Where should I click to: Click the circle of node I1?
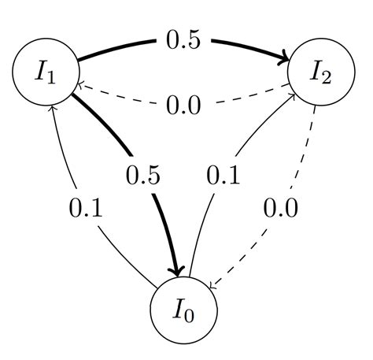coord(46,72)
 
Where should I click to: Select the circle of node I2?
coord(319,72)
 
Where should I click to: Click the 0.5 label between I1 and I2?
coord(183,40)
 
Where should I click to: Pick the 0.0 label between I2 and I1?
coord(183,105)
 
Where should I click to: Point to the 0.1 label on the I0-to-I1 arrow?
coord(86,208)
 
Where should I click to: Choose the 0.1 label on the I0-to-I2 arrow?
coord(223,176)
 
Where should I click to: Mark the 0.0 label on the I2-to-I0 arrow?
coord(281,208)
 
